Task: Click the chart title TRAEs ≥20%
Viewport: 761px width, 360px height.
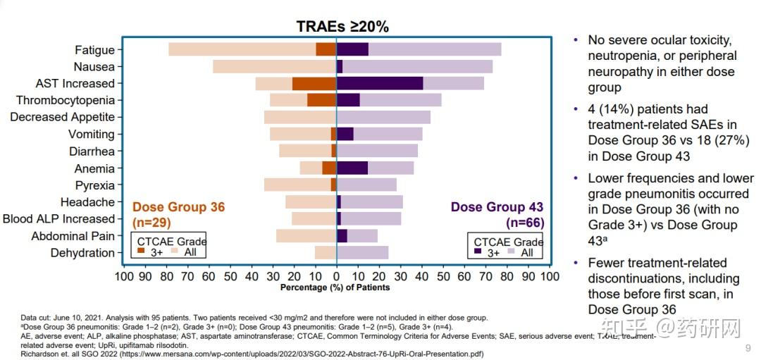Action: coord(342,27)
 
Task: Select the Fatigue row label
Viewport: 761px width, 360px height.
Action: coord(94,49)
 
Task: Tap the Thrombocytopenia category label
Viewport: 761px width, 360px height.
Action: coord(66,101)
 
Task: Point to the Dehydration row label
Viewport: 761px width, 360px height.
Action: coord(82,253)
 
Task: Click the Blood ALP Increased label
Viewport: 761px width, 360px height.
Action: coord(58,219)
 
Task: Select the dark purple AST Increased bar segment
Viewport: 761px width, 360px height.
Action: coord(380,83)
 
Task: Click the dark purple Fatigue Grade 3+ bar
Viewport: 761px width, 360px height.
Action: coord(352,49)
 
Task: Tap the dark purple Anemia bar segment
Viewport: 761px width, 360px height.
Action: coord(352,168)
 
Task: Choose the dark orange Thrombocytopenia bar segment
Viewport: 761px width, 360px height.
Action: coord(322,100)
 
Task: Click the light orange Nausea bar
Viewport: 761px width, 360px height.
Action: coord(274,66)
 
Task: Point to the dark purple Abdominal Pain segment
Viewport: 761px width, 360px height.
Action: coord(342,236)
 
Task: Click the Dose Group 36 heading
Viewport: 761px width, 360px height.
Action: coord(178,207)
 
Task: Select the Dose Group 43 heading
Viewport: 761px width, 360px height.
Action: coord(497,207)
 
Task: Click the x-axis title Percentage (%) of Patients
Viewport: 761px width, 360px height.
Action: coord(335,287)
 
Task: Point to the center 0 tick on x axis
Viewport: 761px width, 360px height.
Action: coord(337,275)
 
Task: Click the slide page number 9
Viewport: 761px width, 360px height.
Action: coord(748,348)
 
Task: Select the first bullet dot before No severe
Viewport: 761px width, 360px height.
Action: coord(576,40)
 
